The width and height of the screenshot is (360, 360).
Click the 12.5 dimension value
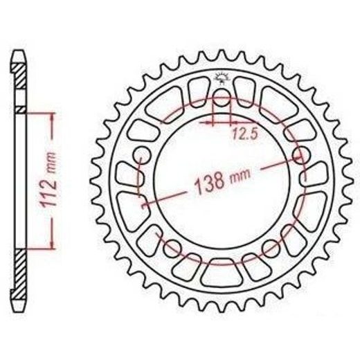tap(244, 134)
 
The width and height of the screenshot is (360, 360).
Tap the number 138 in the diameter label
tap(210, 183)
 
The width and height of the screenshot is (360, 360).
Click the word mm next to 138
tap(240, 175)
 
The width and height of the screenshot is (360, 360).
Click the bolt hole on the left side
tap(142, 155)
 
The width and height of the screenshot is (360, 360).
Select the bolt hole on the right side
tap(301, 155)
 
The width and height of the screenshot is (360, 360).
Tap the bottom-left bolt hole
tap(172, 249)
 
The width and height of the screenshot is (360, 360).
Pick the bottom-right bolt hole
tap(271, 249)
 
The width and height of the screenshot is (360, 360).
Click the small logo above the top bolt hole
tap(222, 79)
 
